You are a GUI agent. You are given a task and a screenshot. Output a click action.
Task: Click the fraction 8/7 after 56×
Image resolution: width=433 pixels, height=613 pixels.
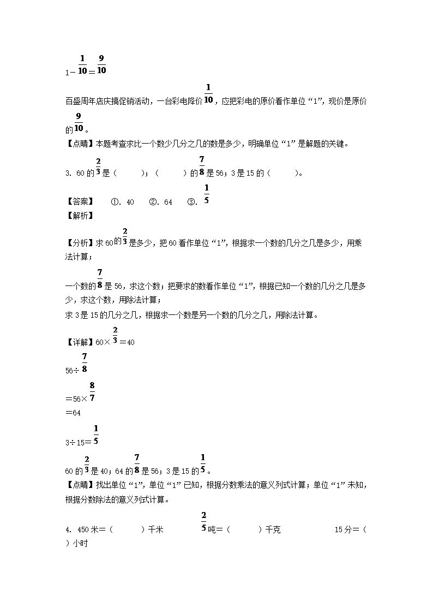[x=92, y=391]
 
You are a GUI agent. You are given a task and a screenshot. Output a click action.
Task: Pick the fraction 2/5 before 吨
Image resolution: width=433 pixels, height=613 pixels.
[x=203, y=522]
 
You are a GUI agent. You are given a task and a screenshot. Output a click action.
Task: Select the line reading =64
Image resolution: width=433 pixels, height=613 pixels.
[x=73, y=412]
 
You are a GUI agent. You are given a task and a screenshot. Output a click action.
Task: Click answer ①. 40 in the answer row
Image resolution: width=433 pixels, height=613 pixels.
[x=123, y=202]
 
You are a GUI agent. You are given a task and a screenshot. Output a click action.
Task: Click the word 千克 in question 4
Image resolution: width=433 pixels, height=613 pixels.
[x=272, y=529]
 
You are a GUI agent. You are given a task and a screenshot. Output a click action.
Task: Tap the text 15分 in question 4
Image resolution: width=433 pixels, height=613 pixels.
[x=342, y=529]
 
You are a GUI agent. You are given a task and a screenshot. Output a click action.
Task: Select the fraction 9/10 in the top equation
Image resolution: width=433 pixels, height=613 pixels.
[x=102, y=64]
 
